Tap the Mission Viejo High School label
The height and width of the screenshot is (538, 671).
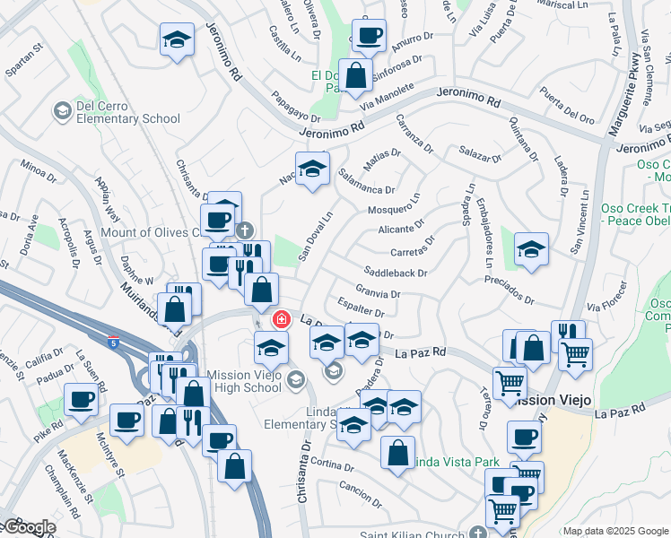pos(244,381)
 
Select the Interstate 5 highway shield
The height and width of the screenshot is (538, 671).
pos(112,342)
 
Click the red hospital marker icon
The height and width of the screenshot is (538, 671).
pos(281,319)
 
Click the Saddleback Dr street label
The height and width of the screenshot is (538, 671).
pos(396,272)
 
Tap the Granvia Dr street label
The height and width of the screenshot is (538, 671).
pos(378,292)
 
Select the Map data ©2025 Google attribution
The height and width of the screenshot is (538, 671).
pos(615,531)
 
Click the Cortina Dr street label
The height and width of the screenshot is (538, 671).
pos(334,464)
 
